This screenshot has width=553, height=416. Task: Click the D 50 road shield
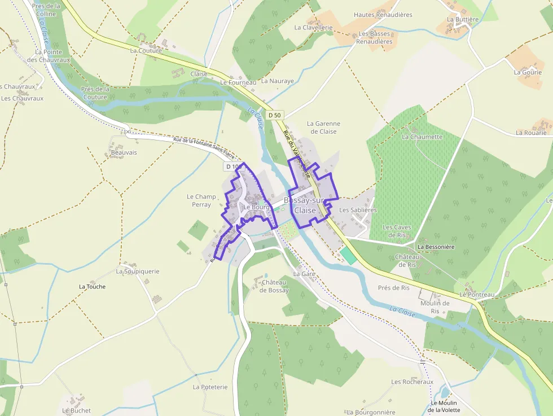(x=274, y=115)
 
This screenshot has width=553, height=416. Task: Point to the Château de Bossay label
(x=274, y=286)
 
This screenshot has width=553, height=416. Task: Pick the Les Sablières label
(x=358, y=210)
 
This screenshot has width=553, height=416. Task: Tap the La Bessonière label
(x=436, y=247)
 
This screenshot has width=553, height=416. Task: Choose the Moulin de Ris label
(x=435, y=307)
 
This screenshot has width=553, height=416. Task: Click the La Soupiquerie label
(x=138, y=271)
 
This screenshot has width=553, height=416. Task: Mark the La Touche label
(x=92, y=287)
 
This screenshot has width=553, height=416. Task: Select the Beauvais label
(x=124, y=152)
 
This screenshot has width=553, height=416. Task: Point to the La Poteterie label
(x=210, y=387)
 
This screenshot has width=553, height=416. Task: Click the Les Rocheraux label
(x=412, y=382)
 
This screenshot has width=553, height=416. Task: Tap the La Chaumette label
(x=422, y=137)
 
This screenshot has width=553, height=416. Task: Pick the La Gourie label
(x=528, y=72)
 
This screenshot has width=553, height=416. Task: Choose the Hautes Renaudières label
(x=383, y=15)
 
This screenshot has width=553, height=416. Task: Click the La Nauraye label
(x=278, y=81)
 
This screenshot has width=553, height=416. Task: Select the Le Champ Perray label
(x=201, y=200)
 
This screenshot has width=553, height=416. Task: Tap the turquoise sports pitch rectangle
(x=348, y=255)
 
